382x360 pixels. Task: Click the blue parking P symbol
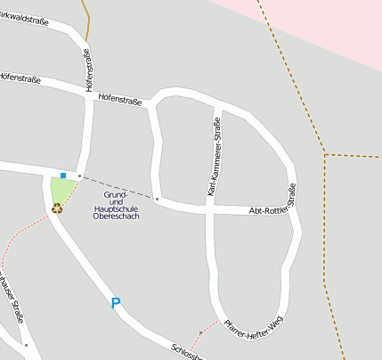(x=115, y=303)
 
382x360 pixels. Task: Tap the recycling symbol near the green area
(x=57, y=209)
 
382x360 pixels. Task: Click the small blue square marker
(x=63, y=175)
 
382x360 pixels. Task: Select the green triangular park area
(x=61, y=190)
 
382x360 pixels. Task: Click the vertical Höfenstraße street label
(x=89, y=70)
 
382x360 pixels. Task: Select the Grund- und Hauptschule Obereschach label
(x=116, y=205)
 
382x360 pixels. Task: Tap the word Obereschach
(x=116, y=217)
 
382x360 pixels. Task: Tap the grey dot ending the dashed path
(x=157, y=200)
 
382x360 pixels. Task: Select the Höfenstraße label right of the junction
(x=120, y=99)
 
